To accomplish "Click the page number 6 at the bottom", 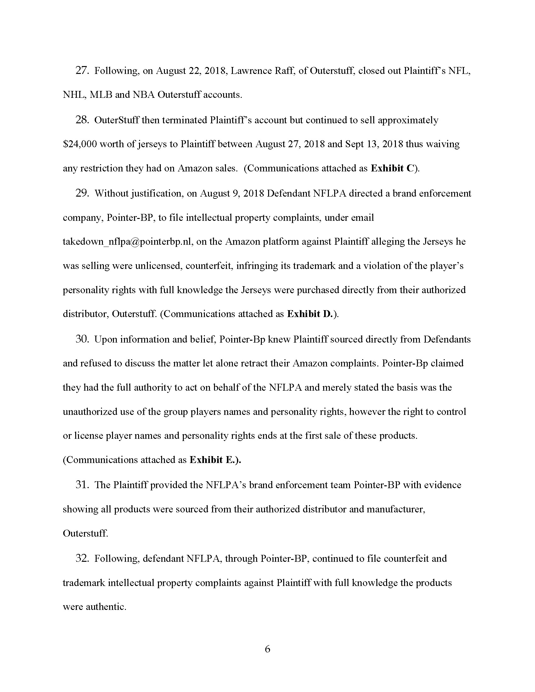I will [x=267, y=649].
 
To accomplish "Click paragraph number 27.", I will [x=82, y=70].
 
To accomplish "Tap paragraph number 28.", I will [x=82, y=120].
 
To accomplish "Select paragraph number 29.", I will [x=82, y=193].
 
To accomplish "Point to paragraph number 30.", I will [x=82, y=339].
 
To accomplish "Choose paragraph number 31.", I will [x=82, y=485].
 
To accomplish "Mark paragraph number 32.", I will [x=82, y=558].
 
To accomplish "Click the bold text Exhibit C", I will [x=392, y=168].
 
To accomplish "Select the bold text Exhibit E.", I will [x=215, y=460].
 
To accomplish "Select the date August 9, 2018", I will [x=232, y=193].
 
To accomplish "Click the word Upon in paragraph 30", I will [x=106, y=339].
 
